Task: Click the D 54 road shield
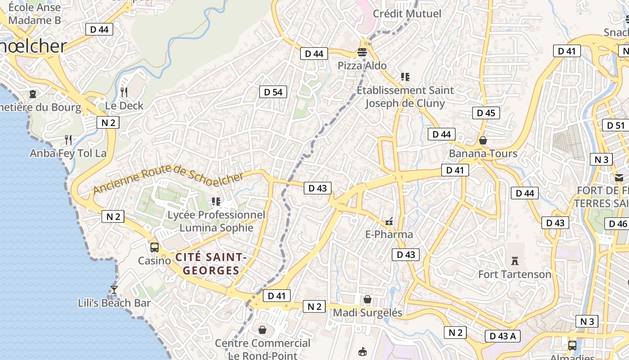coord(273,92)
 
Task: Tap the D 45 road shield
coord(486,113)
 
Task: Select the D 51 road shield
coord(616,126)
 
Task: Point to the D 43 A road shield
coord(502,336)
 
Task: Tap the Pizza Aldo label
coord(362,66)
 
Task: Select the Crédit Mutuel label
coord(407,13)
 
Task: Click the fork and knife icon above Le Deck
coord(124,92)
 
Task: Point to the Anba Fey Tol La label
coord(68,153)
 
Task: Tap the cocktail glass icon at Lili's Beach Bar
coord(114,289)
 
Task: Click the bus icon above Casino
coord(155,247)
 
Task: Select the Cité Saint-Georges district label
coord(211,264)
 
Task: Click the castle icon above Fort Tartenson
coord(515,261)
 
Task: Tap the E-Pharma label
coord(389,234)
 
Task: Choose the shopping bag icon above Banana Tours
coord(483,141)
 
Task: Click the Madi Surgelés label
coord(368,312)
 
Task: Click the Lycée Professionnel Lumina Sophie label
coord(217,221)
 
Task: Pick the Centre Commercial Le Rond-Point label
coord(262,349)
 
